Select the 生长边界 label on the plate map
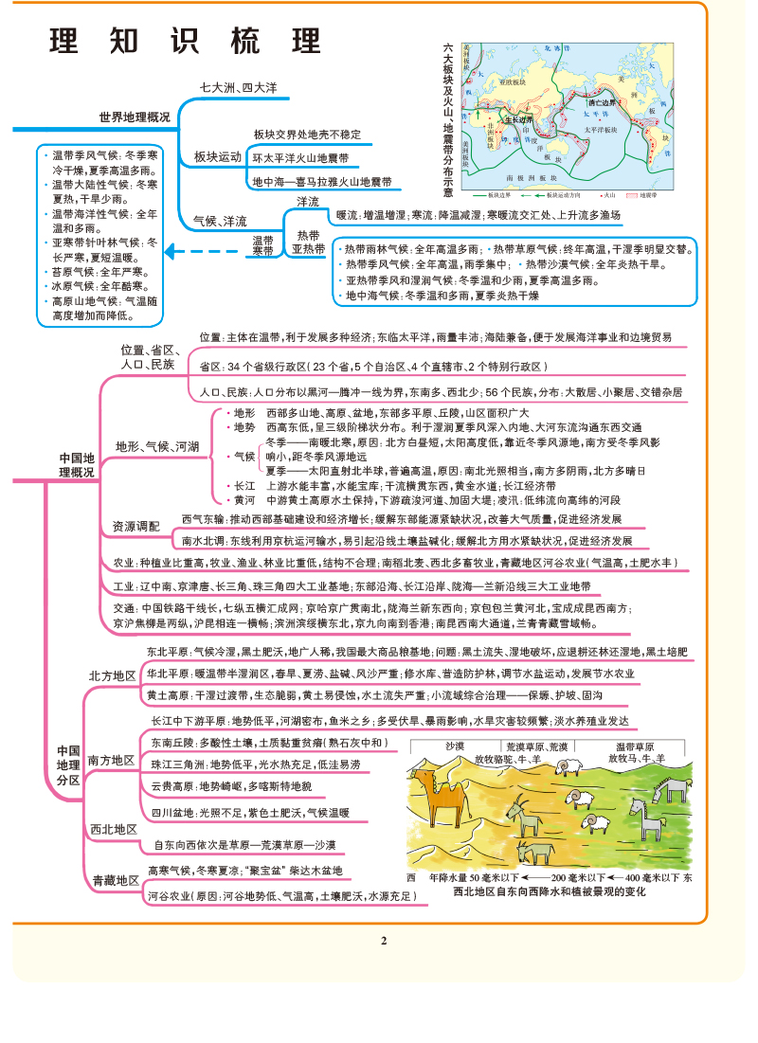(517, 120)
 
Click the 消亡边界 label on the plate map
(601, 101)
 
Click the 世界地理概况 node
(135, 117)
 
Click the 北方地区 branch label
(112, 675)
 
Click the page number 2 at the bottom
(384, 941)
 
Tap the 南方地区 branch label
(111, 760)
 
